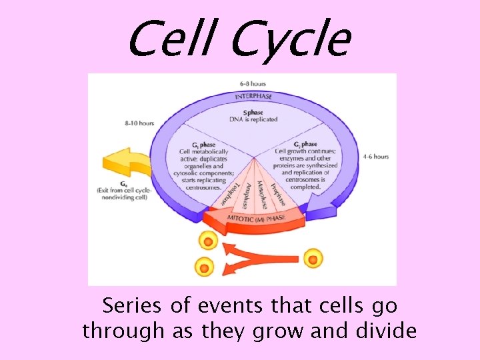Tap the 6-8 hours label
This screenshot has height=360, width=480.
pos(253,83)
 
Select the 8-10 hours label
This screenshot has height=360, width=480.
pos(139,123)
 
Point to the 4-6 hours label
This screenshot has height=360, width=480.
pos(376,157)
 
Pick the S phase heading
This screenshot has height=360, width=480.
pos(253,112)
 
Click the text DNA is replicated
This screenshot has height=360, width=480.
pos(253,119)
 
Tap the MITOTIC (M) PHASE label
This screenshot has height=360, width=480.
pos(257,219)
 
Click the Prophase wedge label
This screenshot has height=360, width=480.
pos(278,190)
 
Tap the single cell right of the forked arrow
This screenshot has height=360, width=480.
pos(313,258)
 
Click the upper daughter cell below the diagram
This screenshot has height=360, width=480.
pos(208,241)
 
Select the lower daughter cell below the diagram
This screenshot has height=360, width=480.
pos(204,269)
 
